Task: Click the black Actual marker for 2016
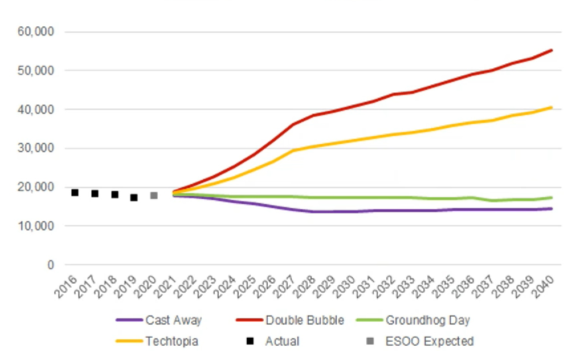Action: (75, 193)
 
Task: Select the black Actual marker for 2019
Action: (134, 198)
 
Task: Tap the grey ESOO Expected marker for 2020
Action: (154, 195)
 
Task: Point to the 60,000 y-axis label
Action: (35, 32)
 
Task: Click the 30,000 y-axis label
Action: (35, 149)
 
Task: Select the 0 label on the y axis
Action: (50, 265)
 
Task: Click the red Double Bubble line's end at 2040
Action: (552, 50)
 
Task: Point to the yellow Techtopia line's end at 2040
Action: (552, 107)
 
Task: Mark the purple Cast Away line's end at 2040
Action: (552, 208)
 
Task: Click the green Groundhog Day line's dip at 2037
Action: (492, 201)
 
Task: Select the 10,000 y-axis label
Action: (35, 227)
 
